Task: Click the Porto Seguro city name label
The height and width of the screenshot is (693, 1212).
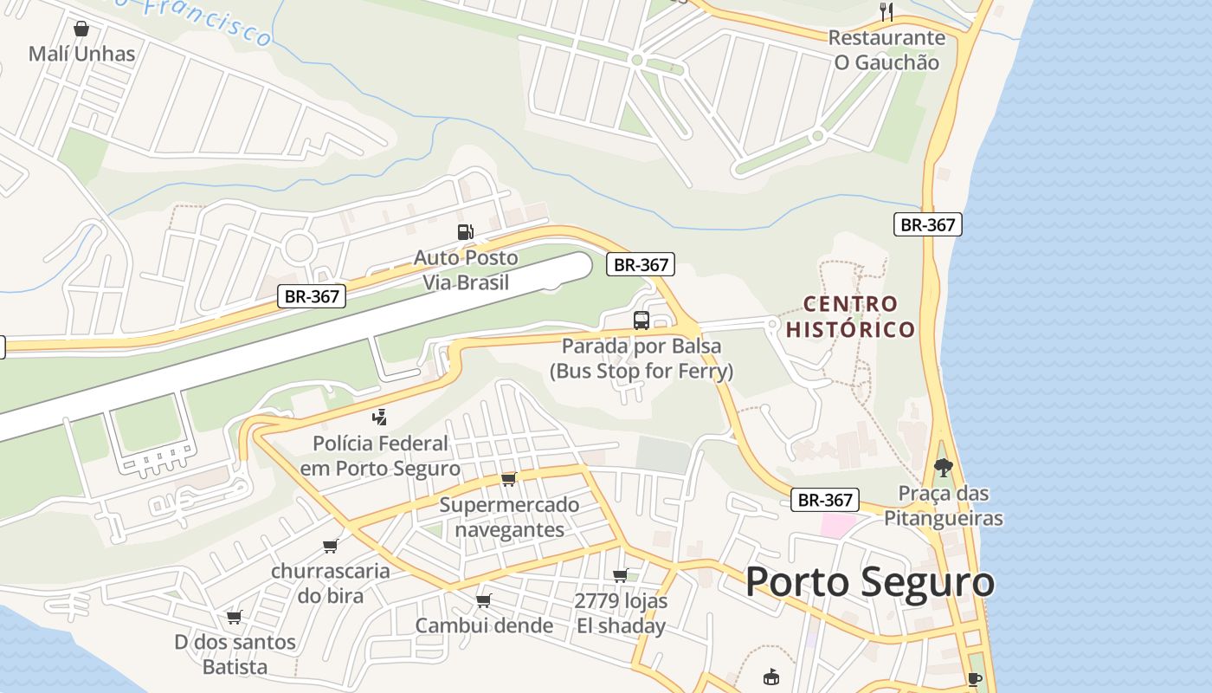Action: coord(869,582)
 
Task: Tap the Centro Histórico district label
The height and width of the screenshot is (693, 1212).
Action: coord(850,316)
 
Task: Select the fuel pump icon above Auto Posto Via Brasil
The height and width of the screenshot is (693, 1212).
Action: coord(466,232)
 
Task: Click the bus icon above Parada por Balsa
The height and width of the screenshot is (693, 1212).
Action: coord(641,320)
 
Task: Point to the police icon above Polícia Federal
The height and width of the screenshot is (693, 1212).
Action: coord(379,418)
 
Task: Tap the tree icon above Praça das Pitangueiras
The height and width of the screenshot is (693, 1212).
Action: coord(944,468)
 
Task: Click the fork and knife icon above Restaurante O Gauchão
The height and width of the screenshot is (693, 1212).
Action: coord(886,12)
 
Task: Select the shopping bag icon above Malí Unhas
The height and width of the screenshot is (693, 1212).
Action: coord(81,29)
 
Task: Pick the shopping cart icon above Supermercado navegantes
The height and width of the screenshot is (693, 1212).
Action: coord(509,479)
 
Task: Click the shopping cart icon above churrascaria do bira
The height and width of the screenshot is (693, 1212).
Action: coord(330,546)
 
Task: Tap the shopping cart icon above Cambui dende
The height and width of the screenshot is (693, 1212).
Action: coord(484,600)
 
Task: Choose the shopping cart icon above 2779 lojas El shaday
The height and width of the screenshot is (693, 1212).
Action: coord(621,575)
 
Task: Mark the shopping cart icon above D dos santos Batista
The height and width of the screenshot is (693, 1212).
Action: coord(235,617)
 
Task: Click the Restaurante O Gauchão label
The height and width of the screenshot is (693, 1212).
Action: coord(886,49)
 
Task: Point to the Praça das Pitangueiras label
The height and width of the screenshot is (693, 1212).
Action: coord(944,506)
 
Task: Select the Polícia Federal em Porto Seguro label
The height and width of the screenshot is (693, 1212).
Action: coord(380,457)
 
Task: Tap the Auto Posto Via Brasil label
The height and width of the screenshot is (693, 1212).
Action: coord(466,269)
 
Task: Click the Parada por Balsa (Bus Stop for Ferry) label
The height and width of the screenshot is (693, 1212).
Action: coord(641,359)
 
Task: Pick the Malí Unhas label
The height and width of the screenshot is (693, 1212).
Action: coord(82,54)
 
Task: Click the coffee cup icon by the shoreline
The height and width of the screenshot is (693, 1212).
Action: coord(975,679)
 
